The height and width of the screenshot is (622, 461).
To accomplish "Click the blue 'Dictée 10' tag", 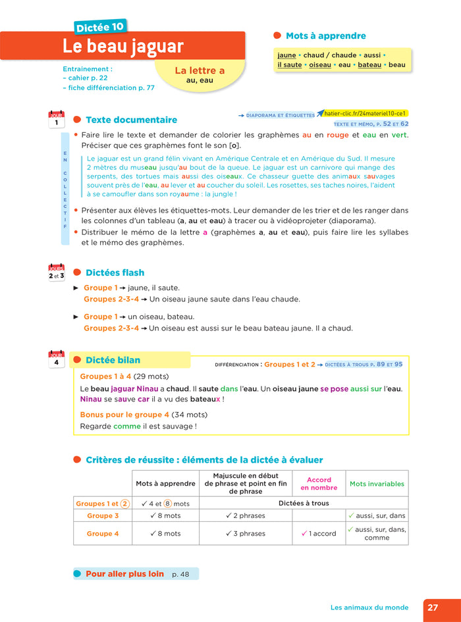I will point(99,27).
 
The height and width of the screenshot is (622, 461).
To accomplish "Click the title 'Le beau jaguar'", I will point(123,47).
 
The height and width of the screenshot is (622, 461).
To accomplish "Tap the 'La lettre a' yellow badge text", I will point(200,70).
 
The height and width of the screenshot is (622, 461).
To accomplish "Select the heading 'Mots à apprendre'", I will point(325,36).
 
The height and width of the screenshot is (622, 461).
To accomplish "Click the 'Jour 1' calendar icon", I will point(57,119).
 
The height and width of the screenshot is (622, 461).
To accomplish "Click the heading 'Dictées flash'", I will point(115,272).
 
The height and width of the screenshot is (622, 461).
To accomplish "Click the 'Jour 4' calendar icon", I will point(57,359).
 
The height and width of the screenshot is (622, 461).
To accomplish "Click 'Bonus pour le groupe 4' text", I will point(124,415).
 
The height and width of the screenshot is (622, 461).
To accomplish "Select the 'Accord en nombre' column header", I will point(319,484).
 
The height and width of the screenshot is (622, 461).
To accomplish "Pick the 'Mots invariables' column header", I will point(377,484).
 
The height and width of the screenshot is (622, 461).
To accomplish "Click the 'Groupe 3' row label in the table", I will point(103,516).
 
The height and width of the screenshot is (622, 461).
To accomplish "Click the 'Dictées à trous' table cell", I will point(303,504).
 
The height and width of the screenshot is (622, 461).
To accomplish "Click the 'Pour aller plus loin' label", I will point(124,574).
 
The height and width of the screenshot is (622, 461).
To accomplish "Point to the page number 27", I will point(433,608).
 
